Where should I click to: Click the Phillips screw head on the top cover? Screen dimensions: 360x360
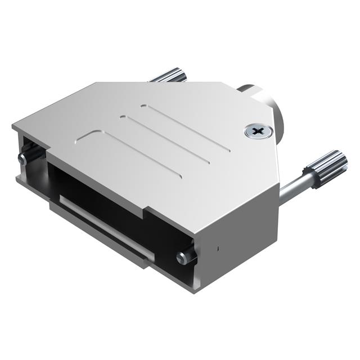click(x=258, y=132)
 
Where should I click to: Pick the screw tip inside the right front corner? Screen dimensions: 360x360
click(x=183, y=258)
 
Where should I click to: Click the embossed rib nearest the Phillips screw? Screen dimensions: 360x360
click(x=186, y=128)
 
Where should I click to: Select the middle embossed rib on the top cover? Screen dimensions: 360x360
click(x=166, y=141)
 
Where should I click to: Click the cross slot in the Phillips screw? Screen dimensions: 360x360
click(x=258, y=132)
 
